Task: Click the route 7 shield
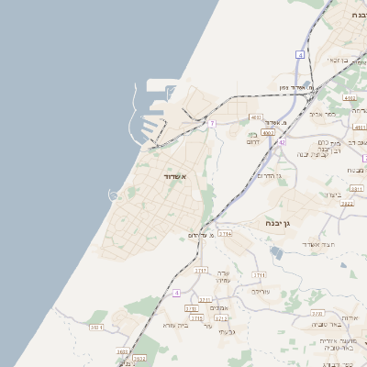212,123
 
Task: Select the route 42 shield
282,142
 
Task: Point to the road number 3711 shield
259,274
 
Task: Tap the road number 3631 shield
123,351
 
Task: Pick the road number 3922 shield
346,204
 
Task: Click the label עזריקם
261,292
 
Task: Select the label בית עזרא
174,325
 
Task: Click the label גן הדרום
267,174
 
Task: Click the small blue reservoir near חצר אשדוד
353,272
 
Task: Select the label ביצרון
332,195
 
